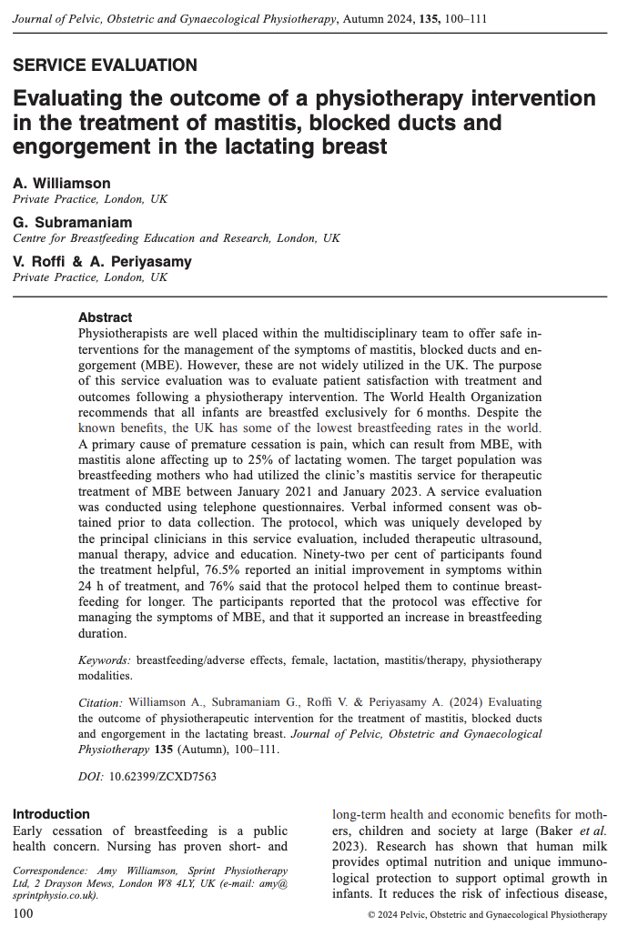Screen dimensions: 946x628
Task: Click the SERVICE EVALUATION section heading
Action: tap(105, 65)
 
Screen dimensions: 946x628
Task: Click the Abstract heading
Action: tap(106, 317)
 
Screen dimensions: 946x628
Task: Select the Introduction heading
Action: tap(51, 814)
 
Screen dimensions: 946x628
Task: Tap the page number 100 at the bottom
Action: tap(25, 913)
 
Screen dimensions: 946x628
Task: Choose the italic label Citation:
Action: tap(100, 702)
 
